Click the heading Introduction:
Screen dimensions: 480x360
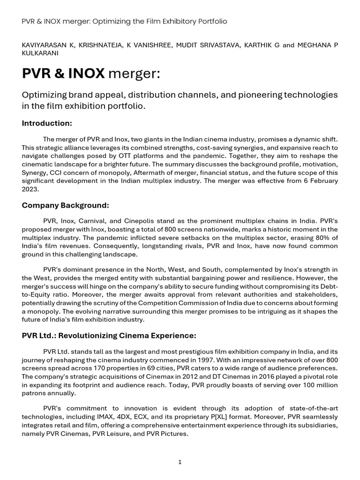[47, 123]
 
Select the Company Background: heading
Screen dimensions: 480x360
[65, 205]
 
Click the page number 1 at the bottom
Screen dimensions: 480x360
[180, 462]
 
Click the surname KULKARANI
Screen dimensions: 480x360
[40, 53]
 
